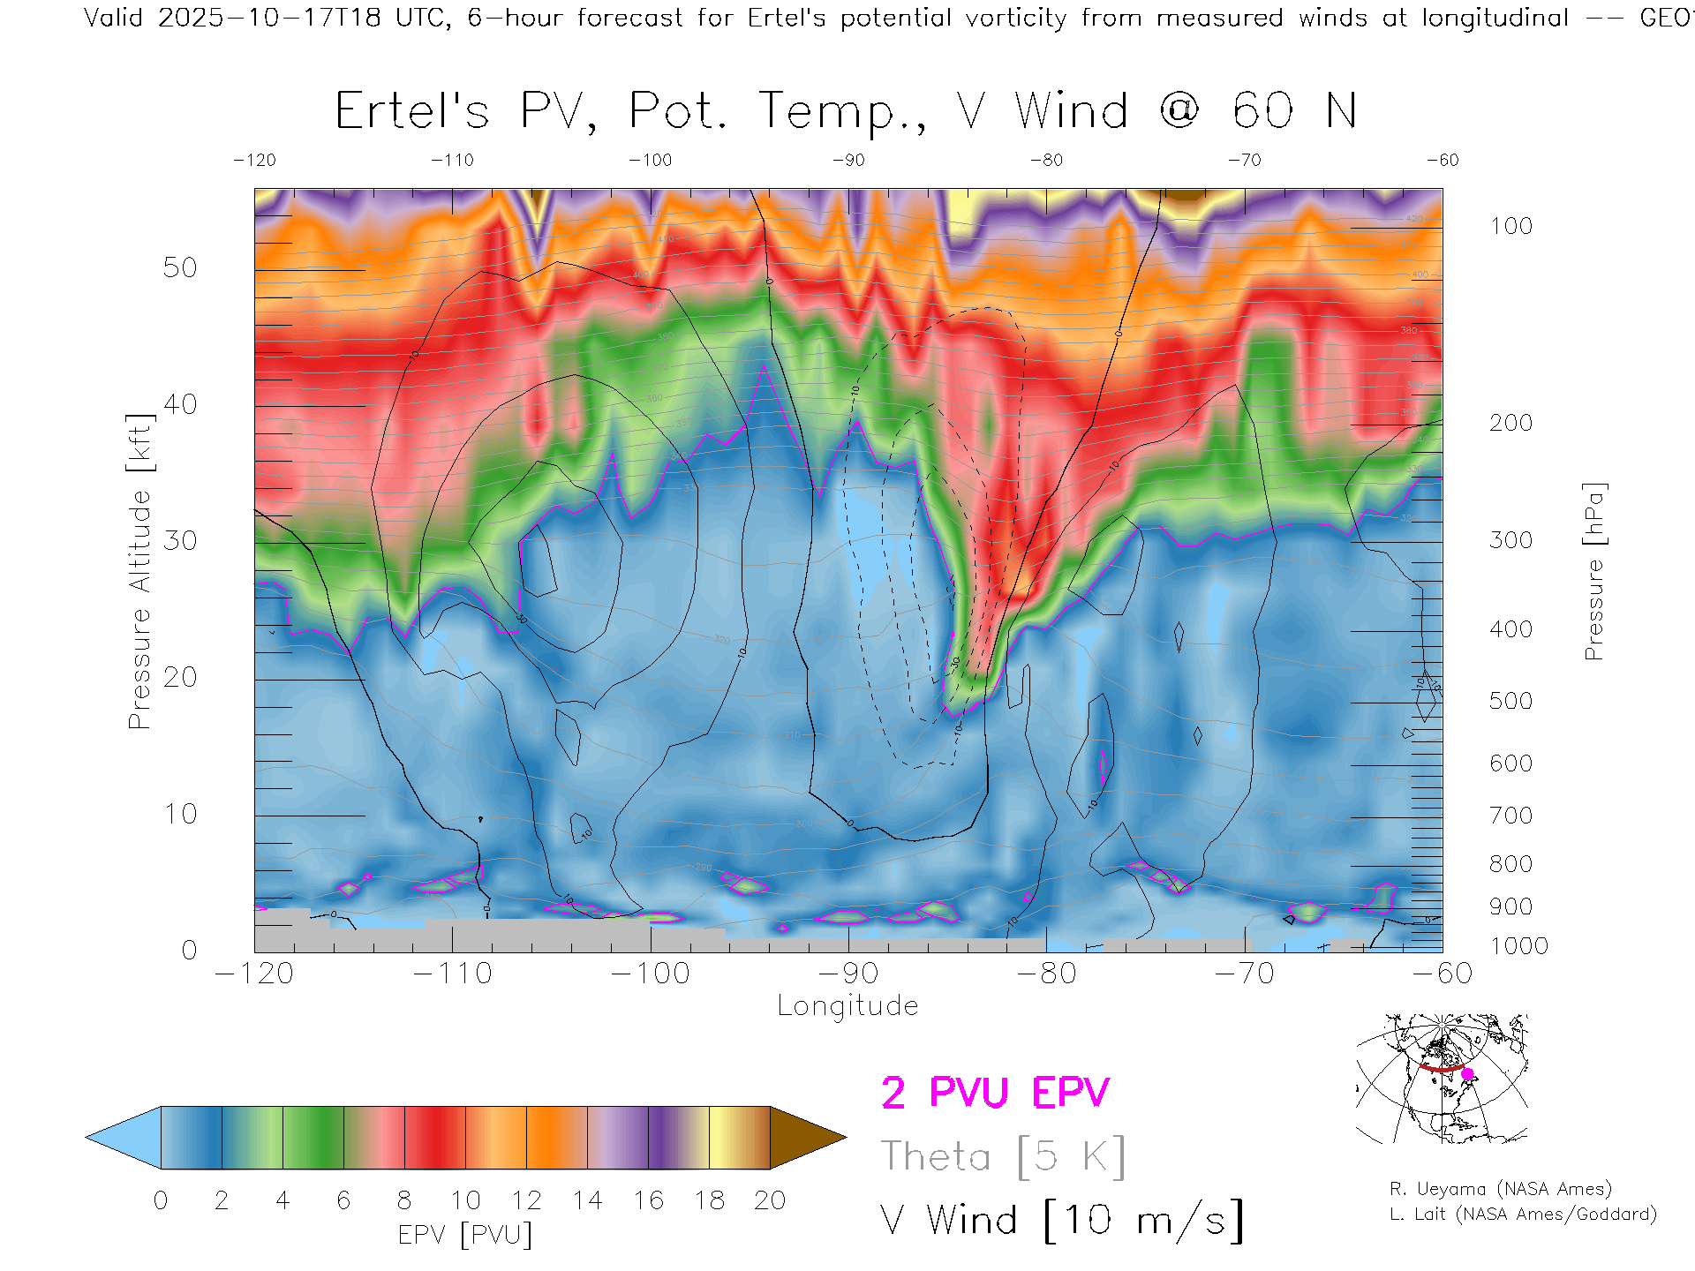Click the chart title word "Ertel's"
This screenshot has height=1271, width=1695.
click(x=411, y=112)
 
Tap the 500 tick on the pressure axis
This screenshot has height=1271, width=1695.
click(x=1510, y=701)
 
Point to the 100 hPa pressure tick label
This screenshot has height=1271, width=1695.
click(x=1510, y=226)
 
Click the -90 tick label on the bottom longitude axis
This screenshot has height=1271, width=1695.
click(x=847, y=973)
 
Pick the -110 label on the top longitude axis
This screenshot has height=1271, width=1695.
click(x=452, y=160)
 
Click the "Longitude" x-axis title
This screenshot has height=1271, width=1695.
click(x=847, y=1005)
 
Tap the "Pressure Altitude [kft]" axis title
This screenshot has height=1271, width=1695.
click(x=139, y=571)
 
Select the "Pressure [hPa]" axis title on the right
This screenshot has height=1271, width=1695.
click(x=1593, y=571)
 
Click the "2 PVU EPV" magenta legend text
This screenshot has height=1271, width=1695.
click(x=995, y=1093)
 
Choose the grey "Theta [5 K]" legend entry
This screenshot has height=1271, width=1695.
click(x=1003, y=1156)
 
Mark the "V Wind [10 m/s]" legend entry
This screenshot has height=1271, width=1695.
click(x=1061, y=1221)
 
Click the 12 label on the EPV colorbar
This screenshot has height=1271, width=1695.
click(x=526, y=1200)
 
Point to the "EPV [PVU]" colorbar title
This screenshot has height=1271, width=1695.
click(x=465, y=1234)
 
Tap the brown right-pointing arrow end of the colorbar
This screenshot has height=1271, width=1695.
click(x=805, y=1138)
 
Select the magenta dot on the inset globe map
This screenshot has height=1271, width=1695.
click(x=1468, y=1074)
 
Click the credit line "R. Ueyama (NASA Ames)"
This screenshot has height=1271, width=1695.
click(x=1500, y=1189)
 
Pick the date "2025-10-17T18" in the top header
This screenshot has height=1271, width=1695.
click(x=269, y=18)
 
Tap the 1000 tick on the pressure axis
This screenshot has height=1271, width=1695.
click(x=1518, y=946)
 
